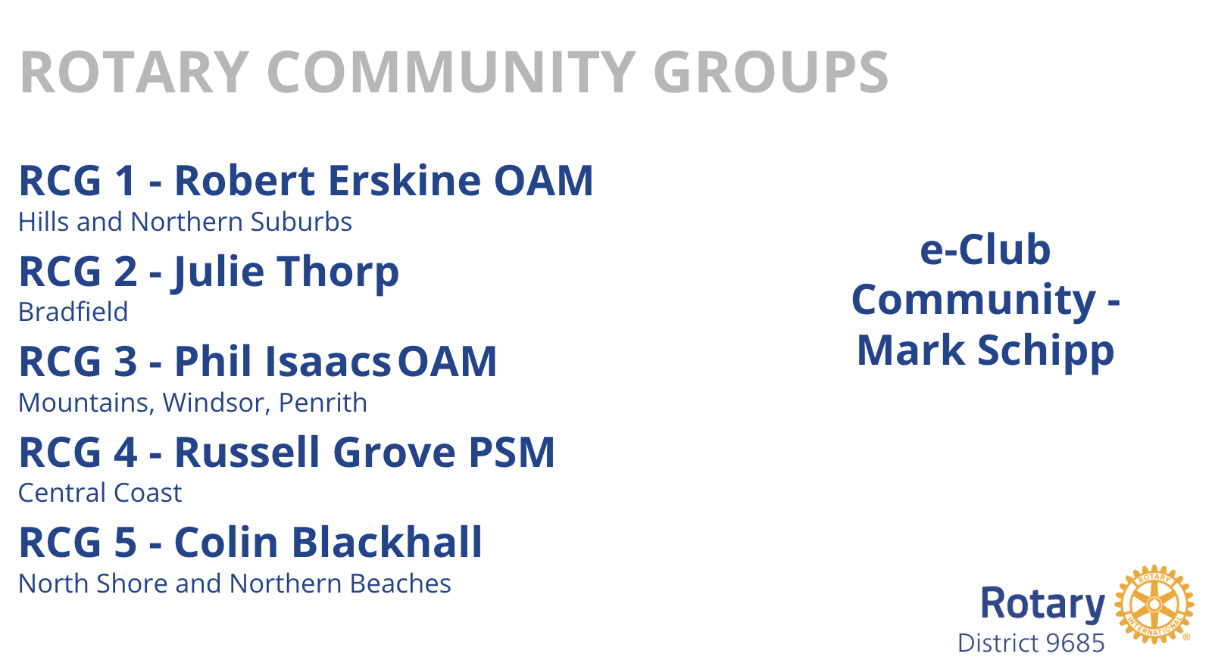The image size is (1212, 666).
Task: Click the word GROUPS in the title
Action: [x=770, y=72]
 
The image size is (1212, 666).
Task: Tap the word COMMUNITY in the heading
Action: [x=451, y=72]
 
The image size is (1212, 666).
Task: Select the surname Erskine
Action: [x=405, y=180]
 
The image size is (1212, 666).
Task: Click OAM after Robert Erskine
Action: [x=543, y=181]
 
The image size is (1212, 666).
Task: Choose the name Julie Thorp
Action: [x=285, y=273]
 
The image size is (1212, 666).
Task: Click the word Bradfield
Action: [x=73, y=312]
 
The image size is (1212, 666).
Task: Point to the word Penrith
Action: [x=323, y=403]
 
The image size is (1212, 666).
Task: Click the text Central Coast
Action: [x=100, y=493]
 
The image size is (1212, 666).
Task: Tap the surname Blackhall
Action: [x=387, y=542]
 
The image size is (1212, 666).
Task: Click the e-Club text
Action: [x=986, y=250]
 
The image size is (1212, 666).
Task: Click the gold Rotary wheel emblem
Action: [x=1154, y=605]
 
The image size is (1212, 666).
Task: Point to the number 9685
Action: [x=1075, y=643]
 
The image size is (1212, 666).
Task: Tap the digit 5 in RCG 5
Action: [x=126, y=542]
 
